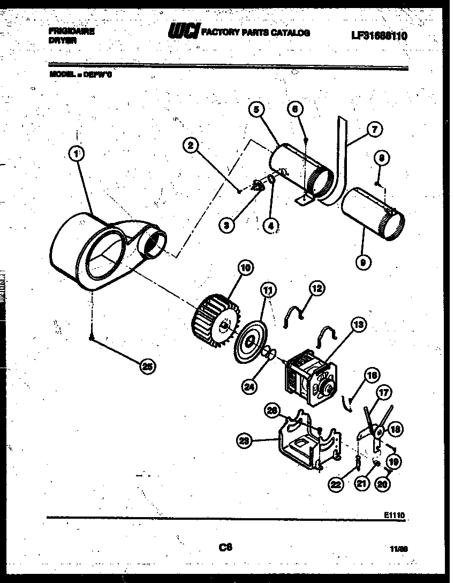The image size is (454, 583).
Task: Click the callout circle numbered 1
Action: click(77, 154)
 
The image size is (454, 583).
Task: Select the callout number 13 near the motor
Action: click(358, 325)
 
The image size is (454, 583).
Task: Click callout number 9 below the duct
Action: click(364, 263)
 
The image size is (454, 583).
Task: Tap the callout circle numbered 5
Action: click(256, 110)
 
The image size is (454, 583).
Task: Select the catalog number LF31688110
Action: click(379, 36)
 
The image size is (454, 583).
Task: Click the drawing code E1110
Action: click(394, 514)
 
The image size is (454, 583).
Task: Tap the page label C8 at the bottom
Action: click(225, 547)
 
